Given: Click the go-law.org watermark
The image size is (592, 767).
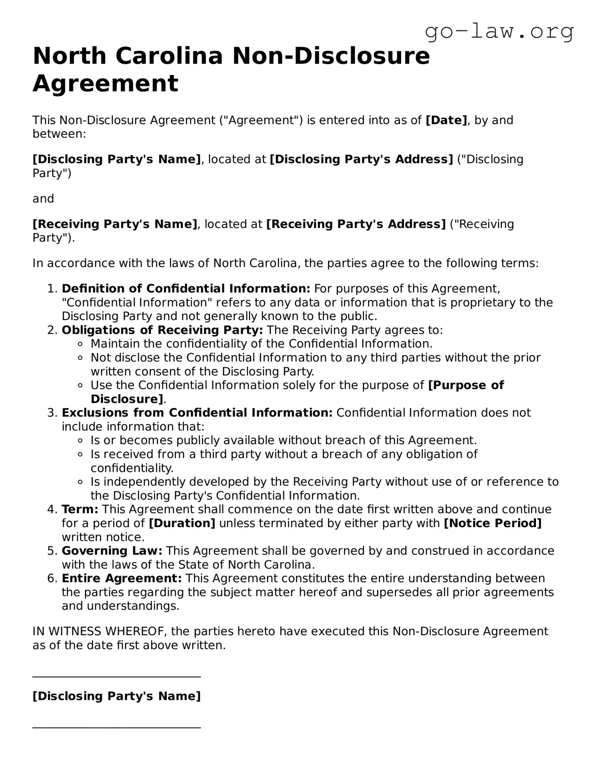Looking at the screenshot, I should point(499,32).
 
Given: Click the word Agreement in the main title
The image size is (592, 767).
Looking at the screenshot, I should point(105,83).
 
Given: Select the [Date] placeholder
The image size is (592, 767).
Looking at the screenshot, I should point(446,120).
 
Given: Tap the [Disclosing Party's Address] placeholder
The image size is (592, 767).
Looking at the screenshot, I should point(361,159).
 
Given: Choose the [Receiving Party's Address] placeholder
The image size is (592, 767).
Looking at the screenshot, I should point(355,224).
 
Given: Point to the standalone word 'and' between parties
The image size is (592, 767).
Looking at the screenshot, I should point(43,199).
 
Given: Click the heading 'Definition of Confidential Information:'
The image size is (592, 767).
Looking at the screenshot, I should point(186,289).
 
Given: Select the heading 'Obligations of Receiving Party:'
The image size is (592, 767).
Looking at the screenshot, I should point(162,330).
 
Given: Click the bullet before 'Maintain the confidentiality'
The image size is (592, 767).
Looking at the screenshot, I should point(80,344).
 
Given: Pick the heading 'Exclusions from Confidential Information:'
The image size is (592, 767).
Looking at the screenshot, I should point(197,413).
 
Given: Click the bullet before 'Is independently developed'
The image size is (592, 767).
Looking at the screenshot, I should point(80,482).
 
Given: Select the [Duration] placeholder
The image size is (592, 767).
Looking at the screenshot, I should point(182,524).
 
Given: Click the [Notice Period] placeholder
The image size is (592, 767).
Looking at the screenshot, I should point(493,524).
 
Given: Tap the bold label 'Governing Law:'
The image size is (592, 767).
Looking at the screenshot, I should point(112,551).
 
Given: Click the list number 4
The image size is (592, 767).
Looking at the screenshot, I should point(52,510).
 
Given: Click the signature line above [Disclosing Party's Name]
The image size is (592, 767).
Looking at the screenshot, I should point(117,677).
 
